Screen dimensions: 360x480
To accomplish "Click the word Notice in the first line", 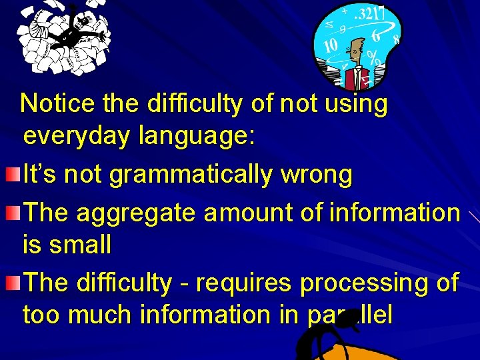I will (x=58, y=104).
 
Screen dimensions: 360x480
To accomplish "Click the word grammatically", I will (x=191, y=175).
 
